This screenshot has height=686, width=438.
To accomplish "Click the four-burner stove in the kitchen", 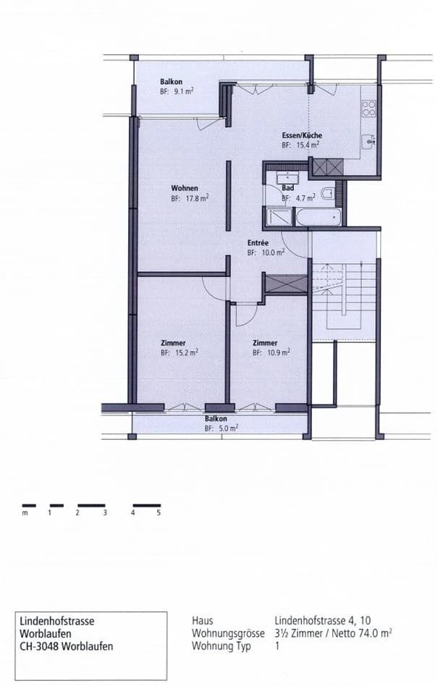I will click(x=369, y=109).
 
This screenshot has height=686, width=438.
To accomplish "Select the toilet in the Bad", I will click(x=328, y=193).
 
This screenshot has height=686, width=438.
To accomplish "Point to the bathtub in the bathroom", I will click(x=319, y=216).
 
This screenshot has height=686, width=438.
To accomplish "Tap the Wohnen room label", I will click(x=185, y=188).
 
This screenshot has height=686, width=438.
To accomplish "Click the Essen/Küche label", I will click(x=302, y=136).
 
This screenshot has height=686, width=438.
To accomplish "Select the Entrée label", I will click(x=258, y=244).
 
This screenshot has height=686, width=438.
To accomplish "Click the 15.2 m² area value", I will click(x=185, y=353).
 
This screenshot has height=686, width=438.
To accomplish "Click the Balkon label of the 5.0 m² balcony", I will click(x=216, y=419).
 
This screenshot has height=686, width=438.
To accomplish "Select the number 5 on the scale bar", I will click(x=159, y=512).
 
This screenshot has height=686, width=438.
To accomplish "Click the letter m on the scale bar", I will click(x=25, y=512).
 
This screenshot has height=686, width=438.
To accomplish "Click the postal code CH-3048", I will click(x=42, y=646).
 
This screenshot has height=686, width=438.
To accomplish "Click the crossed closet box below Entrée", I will click(x=285, y=284).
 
